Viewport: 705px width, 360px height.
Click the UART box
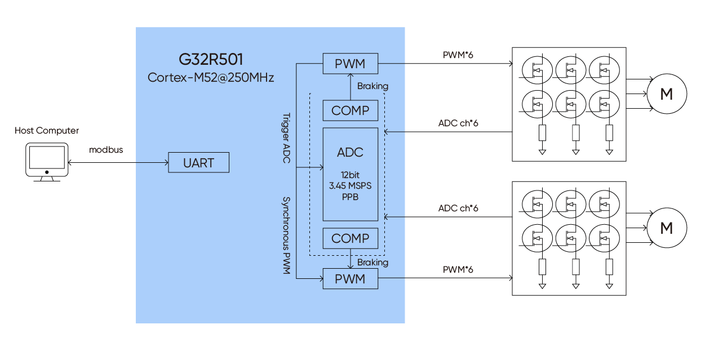click(199, 163)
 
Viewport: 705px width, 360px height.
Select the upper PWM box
click(350, 64)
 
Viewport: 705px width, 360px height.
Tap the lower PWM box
click(350, 279)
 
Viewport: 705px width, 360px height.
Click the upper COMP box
click(350, 110)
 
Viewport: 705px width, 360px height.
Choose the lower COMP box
click(350, 238)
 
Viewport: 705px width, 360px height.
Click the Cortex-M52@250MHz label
click(211, 78)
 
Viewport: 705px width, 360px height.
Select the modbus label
click(106, 150)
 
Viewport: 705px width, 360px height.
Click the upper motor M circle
click(666, 94)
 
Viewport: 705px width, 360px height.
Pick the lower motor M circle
click(666, 228)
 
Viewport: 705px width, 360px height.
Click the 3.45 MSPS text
click(350, 186)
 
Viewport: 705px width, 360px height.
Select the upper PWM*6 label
click(458, 55)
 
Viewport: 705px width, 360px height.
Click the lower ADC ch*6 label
click(458, 208)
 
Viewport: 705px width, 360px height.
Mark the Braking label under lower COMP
click(373, 263)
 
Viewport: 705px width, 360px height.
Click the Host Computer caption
click(47, 131)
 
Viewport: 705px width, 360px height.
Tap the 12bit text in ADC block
click(350, 175)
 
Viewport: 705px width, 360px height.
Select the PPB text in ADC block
click(350, 197)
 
